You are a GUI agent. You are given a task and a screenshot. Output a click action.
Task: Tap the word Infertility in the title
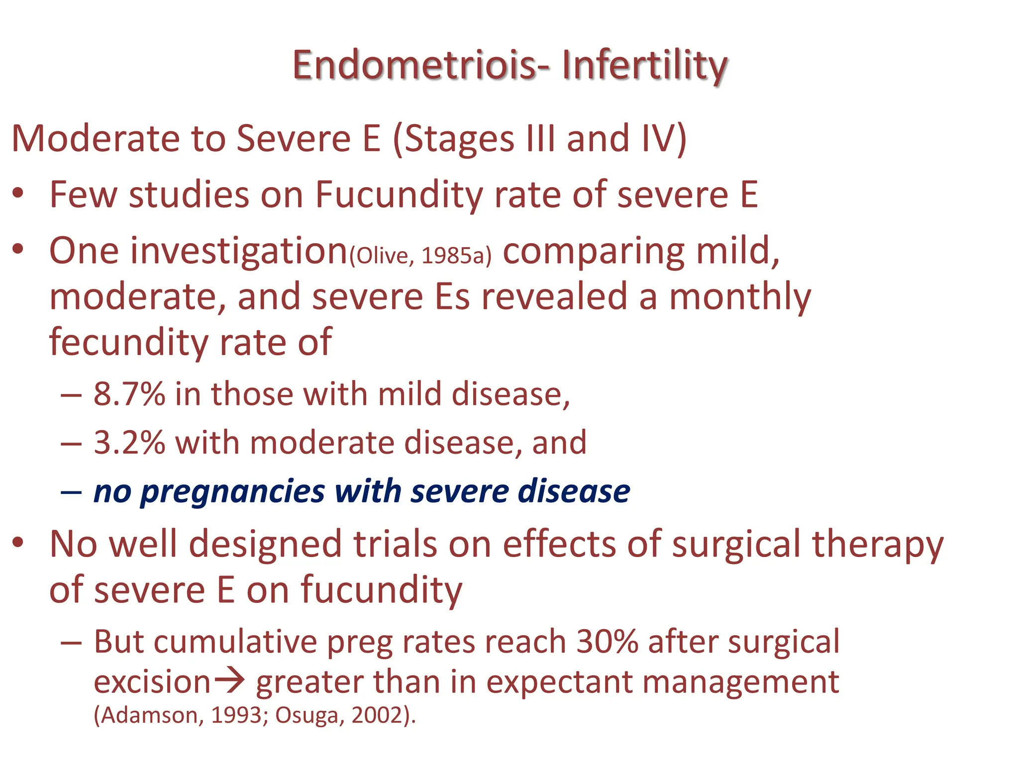click(x=645, y=66)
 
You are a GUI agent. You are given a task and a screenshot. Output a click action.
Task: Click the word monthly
click(x=740, y=297)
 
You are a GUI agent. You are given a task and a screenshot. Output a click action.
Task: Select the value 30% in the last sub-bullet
click(x=607, y=642)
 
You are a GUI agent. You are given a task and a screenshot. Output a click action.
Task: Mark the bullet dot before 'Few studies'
click(x=18, y=193)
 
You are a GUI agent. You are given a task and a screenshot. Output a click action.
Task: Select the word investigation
click(x=238, y=251)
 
